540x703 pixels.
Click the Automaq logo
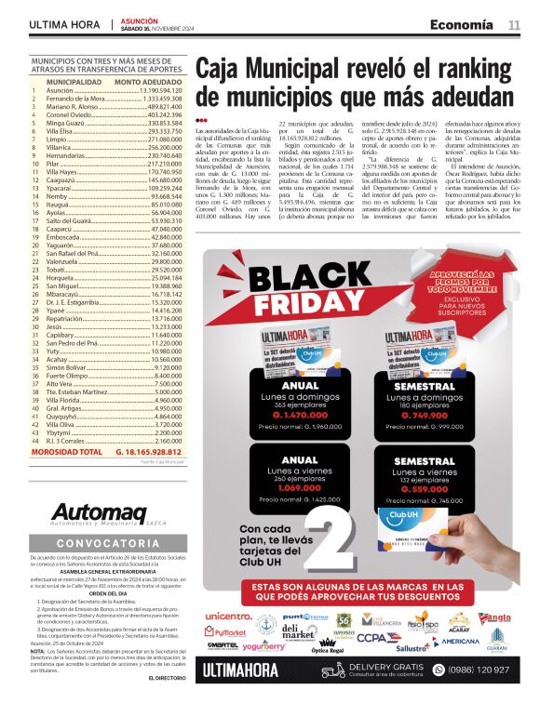coord(99,512)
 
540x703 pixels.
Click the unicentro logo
coord(228,616)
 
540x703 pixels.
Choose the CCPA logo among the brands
coord(373,638)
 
